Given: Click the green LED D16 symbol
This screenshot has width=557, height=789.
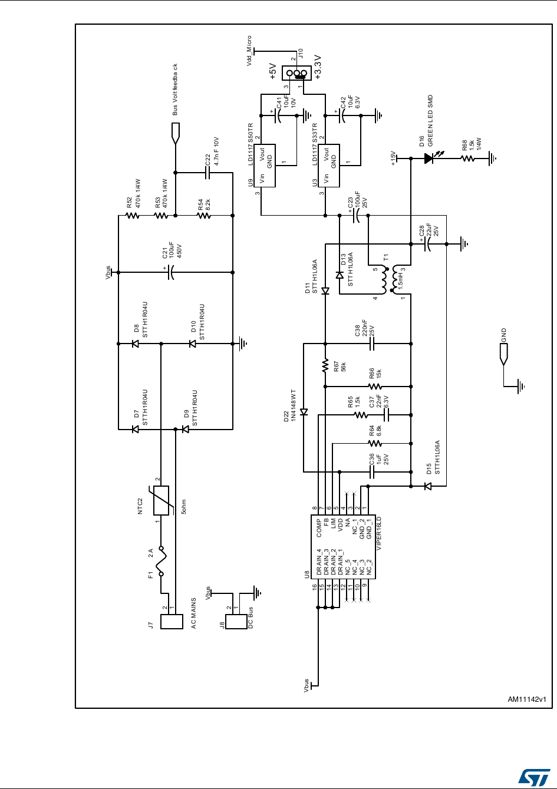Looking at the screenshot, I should pyautogui.click(x=429, y=159).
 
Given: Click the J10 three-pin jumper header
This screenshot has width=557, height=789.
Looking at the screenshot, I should pyautogui.click(x=297, y=73).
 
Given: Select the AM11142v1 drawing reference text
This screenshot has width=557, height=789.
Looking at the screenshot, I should pyautogui.click(x=527, y=699).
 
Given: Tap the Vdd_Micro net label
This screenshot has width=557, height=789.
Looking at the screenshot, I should pyautogui.click(x=250, y=49).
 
